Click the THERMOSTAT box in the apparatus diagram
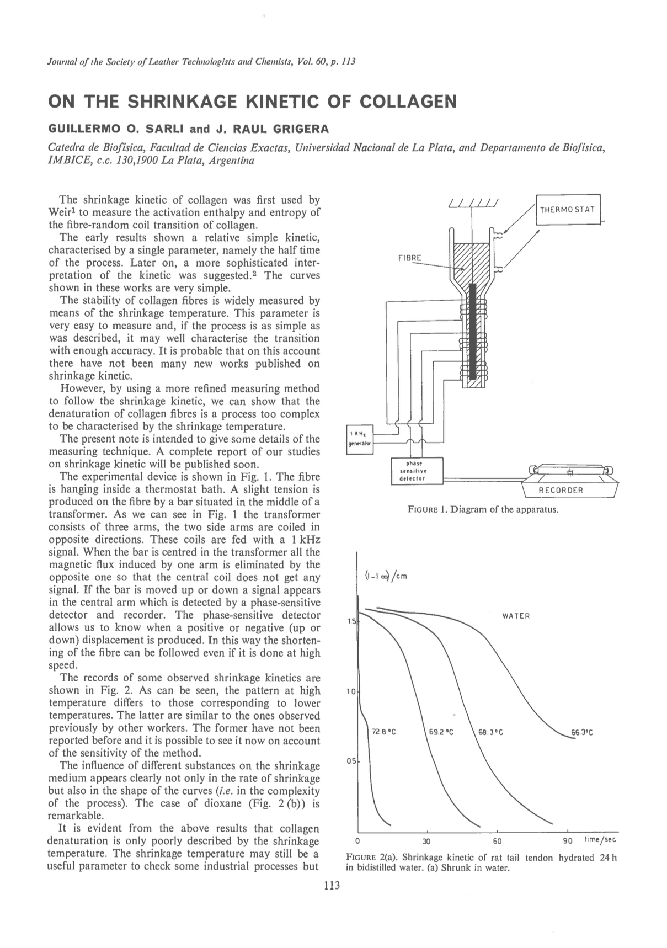pos(570,210)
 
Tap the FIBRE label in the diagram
pos(410,258)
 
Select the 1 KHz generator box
pos(359,439)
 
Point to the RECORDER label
pos(561,490)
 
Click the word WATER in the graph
pos(515,616)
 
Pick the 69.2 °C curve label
pos(441,733)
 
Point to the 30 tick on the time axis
pos(426,842)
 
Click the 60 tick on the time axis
pos(497,842)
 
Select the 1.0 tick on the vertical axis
pos(351,691)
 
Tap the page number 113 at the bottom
pos(333,886)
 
